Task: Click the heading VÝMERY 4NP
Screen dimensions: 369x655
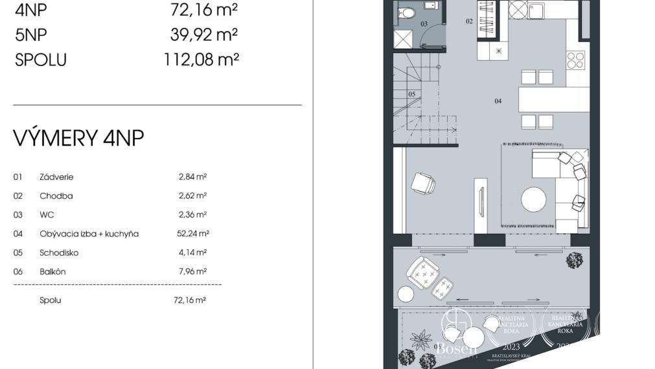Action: click(78, 138)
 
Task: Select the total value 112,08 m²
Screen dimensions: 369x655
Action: click(201, 60)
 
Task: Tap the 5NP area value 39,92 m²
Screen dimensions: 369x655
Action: click(203, 34)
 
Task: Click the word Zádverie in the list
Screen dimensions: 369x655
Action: click(56, 176)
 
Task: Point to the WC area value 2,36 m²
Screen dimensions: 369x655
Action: click(192, 214)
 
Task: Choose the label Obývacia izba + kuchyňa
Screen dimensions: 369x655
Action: click(89, 234)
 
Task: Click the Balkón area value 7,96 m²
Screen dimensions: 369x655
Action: click(192, 272)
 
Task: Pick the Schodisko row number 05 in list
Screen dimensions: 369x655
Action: click(17, 252)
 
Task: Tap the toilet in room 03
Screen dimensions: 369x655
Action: click(407, 11)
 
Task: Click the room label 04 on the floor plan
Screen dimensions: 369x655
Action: click(498, 101)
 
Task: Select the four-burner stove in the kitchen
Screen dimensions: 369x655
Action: click(575, 60)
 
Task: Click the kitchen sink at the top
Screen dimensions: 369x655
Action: click(535, 10)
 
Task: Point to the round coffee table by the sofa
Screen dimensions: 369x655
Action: click(534, 199)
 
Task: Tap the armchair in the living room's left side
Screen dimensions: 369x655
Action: click(423, 183)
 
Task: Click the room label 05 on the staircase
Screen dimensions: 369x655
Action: click(411, 94)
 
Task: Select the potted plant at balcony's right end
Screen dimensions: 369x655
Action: click(573, 260)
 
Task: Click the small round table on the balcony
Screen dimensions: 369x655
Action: click(406, 294)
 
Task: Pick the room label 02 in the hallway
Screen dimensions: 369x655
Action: click(469, 21)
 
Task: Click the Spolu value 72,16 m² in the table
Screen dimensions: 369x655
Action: click(189, 300)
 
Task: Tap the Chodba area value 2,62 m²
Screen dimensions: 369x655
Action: click(192, 196)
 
